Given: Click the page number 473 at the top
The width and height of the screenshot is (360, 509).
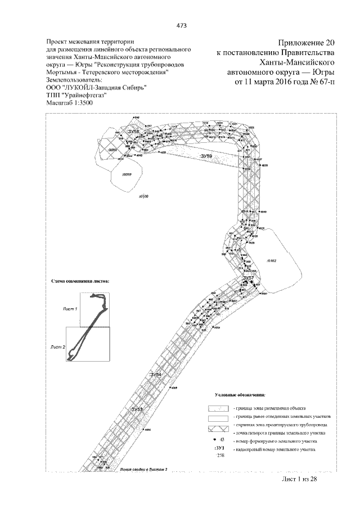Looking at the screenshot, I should (181, 25).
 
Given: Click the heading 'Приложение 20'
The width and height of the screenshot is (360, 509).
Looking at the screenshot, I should (306, 43).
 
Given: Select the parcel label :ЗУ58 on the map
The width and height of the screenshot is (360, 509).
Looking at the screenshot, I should (133, 132).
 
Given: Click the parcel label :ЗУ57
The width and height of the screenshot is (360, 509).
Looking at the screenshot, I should (249, 278).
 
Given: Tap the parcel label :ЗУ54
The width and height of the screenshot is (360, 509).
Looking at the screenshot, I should (156, 374).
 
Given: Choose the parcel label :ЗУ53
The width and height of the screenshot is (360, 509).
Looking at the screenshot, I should (138, 409).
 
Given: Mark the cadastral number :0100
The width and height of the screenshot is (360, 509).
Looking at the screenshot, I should (143, 197).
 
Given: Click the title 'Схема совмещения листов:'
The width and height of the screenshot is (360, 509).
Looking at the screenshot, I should (80, 280).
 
